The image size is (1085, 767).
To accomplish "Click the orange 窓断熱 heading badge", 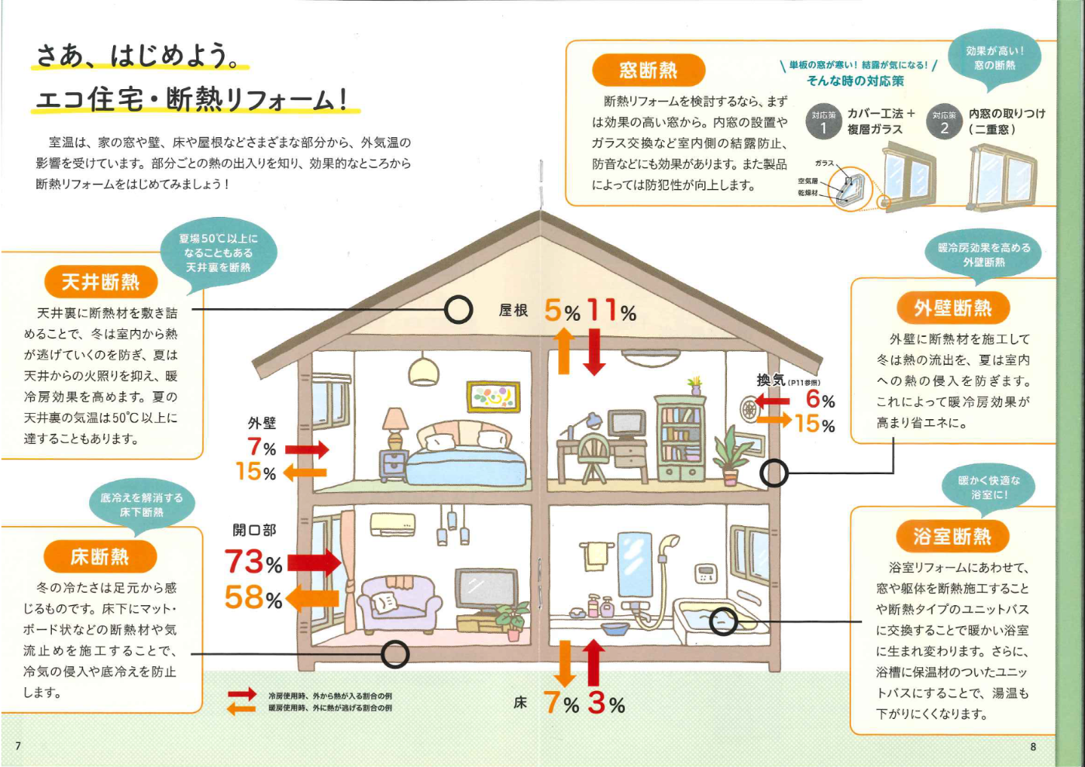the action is click(648, 71).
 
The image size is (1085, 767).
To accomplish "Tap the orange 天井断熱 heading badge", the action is click(101, 282).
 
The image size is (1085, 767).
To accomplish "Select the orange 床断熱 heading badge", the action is click(100, 556).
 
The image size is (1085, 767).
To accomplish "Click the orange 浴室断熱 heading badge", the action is click(952, 536).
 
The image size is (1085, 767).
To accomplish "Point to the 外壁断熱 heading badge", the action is click(953, 308).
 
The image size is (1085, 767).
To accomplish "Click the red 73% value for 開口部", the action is click(253, 562).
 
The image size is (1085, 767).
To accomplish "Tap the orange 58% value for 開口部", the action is click(253, 597).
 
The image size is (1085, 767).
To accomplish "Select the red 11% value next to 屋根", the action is click(611, 311).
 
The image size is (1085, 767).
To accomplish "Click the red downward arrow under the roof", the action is click(594, 352).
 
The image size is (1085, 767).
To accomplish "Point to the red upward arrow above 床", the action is click(593, 662).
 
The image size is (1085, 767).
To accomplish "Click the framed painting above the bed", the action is click(493, 397).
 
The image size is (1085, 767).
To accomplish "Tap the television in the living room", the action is click(486, 592).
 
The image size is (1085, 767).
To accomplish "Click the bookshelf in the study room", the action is click(679, 439).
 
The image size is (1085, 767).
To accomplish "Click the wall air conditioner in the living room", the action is click(393, 525).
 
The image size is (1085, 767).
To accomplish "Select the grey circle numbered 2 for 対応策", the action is click(944, 122).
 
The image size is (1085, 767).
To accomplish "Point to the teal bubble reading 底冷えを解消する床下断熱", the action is click(142, 504).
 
